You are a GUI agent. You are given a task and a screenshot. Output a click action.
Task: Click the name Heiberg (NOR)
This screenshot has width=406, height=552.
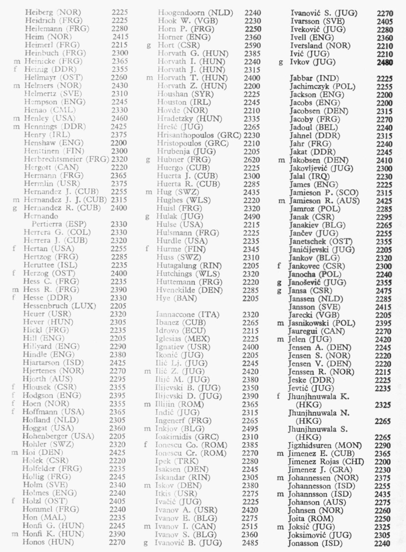(52, 12)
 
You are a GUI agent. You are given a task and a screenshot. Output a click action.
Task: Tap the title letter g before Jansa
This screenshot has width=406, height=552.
(280, 290)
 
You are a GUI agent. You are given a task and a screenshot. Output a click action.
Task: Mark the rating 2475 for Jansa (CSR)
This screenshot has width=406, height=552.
(384, 290)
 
